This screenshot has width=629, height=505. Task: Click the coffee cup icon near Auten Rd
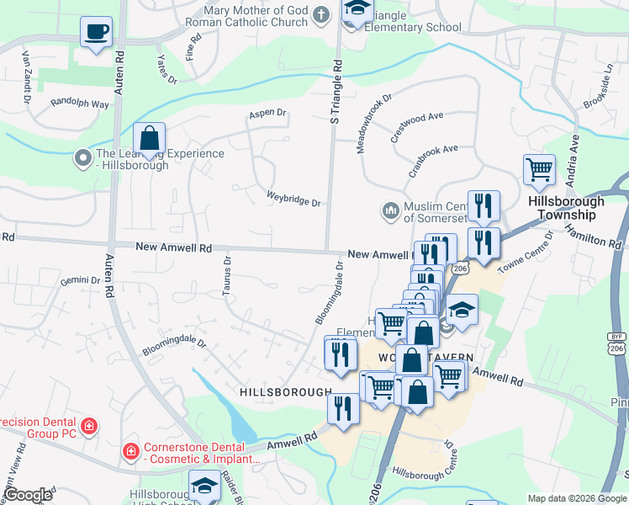pos(95,32)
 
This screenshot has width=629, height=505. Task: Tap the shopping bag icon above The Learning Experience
pos(149,138)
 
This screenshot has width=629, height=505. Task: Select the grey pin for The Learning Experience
pos(83,157)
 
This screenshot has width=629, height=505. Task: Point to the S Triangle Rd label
pos(336,93)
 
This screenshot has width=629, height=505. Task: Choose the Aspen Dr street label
pos(267,113)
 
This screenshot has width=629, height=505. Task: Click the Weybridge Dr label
pos(293,200)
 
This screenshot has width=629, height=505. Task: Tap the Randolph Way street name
pos(80,104)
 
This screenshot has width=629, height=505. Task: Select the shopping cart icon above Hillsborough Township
pos(539,168)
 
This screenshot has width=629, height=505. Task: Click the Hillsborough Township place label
pos(566,208)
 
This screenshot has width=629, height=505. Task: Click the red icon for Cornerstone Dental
pos(130,452)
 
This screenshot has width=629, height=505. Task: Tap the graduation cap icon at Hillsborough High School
pos(203,486)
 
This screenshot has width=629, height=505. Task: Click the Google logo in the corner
pos(28,495)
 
